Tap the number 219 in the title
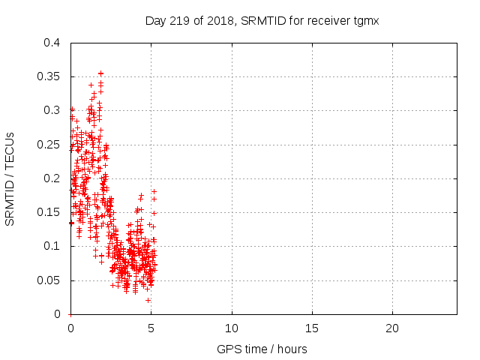coord(184,21)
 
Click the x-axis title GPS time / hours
coord(262,349)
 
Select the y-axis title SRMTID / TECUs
coord(10,178)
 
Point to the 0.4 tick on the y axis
coord(52,43)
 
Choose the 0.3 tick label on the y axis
coord(52,110)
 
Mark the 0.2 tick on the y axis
coord(52,178)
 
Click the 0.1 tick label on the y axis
coord(52,246)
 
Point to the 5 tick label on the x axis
coord(151,328)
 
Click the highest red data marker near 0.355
coord(100,73)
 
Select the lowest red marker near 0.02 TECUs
coord(148,300)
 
